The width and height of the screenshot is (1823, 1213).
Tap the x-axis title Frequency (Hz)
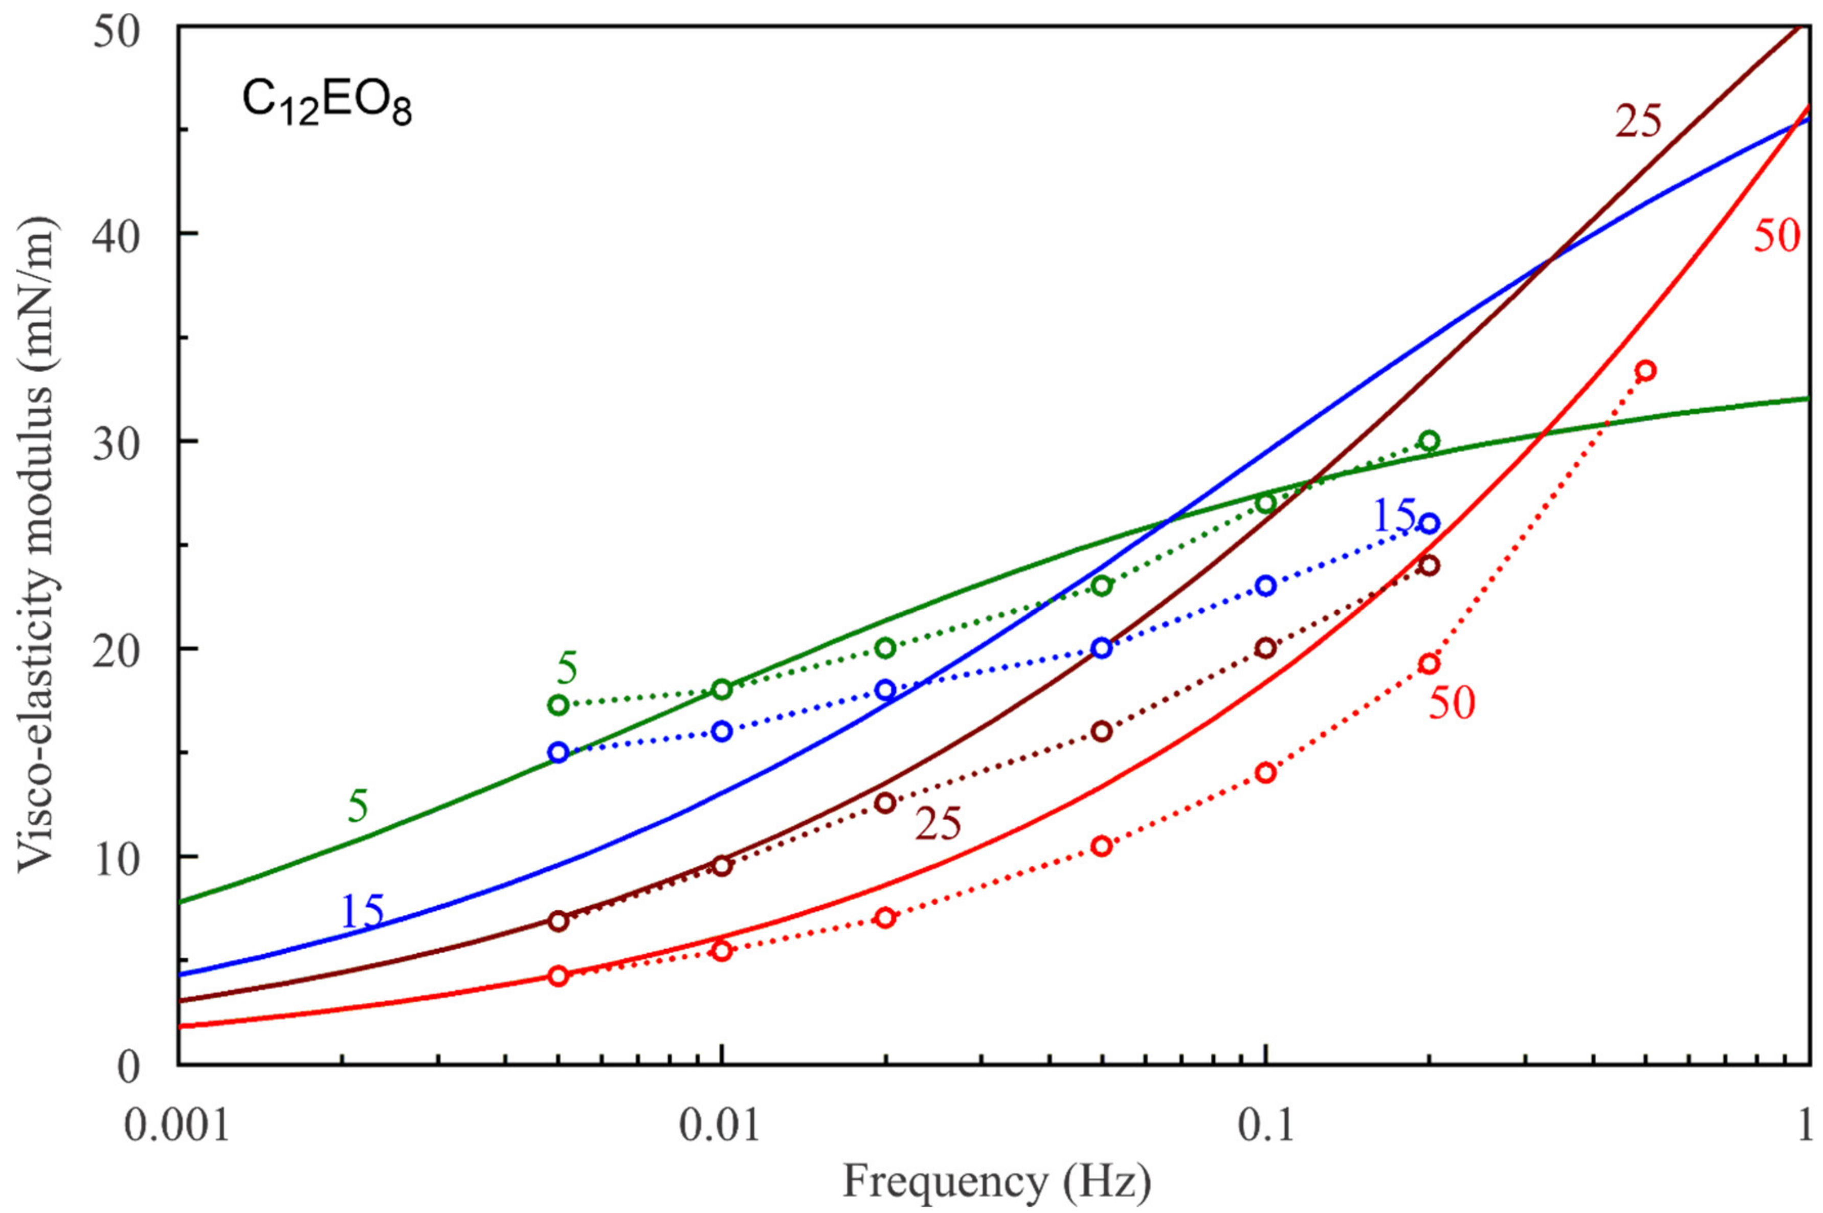coord(996,1182)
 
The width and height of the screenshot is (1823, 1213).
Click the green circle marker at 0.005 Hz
coord(559,705)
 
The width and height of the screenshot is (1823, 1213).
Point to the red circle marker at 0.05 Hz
coord(1102,846)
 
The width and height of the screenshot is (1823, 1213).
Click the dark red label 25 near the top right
coord(1638,122)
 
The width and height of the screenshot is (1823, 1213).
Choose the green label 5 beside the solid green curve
coord(358,807)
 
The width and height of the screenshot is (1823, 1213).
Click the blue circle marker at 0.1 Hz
coord(1265,586)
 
